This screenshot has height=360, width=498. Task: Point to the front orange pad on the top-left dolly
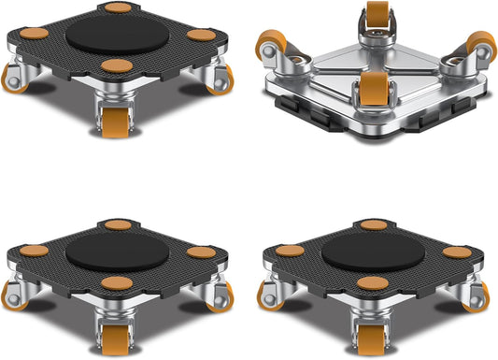117,65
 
